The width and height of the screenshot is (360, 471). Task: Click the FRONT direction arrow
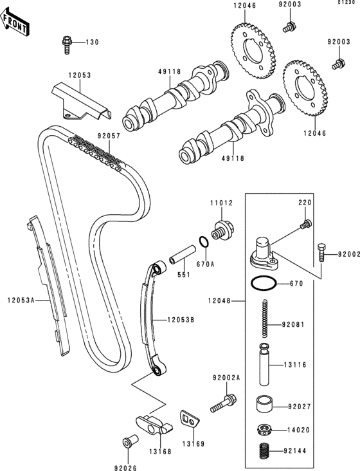[14, 22]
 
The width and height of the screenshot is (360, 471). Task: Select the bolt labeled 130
[67, 45]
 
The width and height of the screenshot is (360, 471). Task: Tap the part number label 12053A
[21, 300]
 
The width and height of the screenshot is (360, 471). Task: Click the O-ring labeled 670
[264, 283]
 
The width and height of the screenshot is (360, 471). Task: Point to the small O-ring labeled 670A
[204, 242]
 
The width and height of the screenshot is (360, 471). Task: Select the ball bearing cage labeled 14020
[264, 429]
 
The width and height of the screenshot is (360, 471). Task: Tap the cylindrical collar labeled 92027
[264, 404]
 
